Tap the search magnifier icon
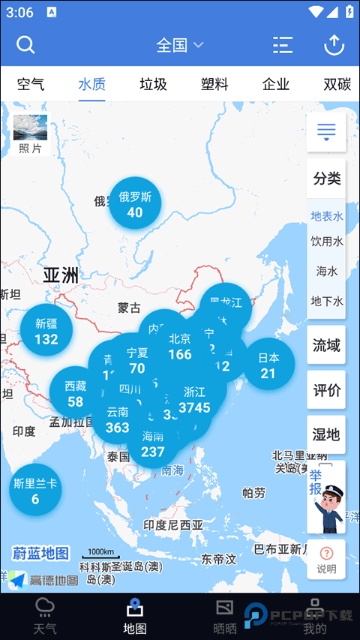[25, 45]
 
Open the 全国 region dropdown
[179, 45]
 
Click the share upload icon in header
[333, 45]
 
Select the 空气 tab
[30, 84]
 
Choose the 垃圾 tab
[153, 84]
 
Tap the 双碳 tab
[337, 84]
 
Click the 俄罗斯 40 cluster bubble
[135, 204]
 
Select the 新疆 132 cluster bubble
[46, 331]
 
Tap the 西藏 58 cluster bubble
[75, 392]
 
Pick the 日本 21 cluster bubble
[268, 365]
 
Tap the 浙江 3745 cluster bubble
[195, 400]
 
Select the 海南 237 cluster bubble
[153, 443]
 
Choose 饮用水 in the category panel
[326, 242]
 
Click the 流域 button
[326, 345]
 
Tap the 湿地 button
[326, 434]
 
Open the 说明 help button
[326, 560]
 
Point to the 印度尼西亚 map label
[173, 524]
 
